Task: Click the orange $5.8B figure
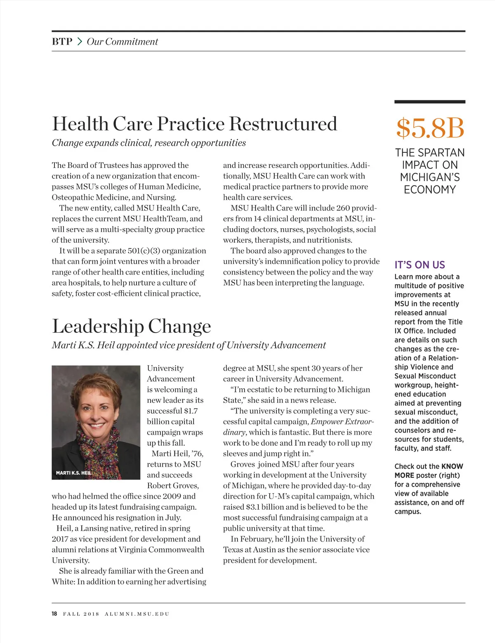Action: tap(430, 128)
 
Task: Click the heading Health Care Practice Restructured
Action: tap(194, 124)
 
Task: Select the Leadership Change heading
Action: tap(131, 326)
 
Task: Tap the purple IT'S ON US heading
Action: tap(420, 265)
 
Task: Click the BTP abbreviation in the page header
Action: tap(62, 42)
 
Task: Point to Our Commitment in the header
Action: tap(122, 42)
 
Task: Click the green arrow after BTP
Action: tap(80, 42)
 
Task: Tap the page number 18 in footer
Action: tap(54, 614)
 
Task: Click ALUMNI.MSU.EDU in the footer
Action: tap(137, 614)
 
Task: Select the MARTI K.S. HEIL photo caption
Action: tap(73, 473)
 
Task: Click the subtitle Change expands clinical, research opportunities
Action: tap(148, 143)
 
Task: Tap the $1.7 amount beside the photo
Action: tap(191, 411)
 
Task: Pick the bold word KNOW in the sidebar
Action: tap(452, 466)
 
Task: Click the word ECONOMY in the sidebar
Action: tap(430, 190)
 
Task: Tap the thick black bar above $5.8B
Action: tap(430, 102)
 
